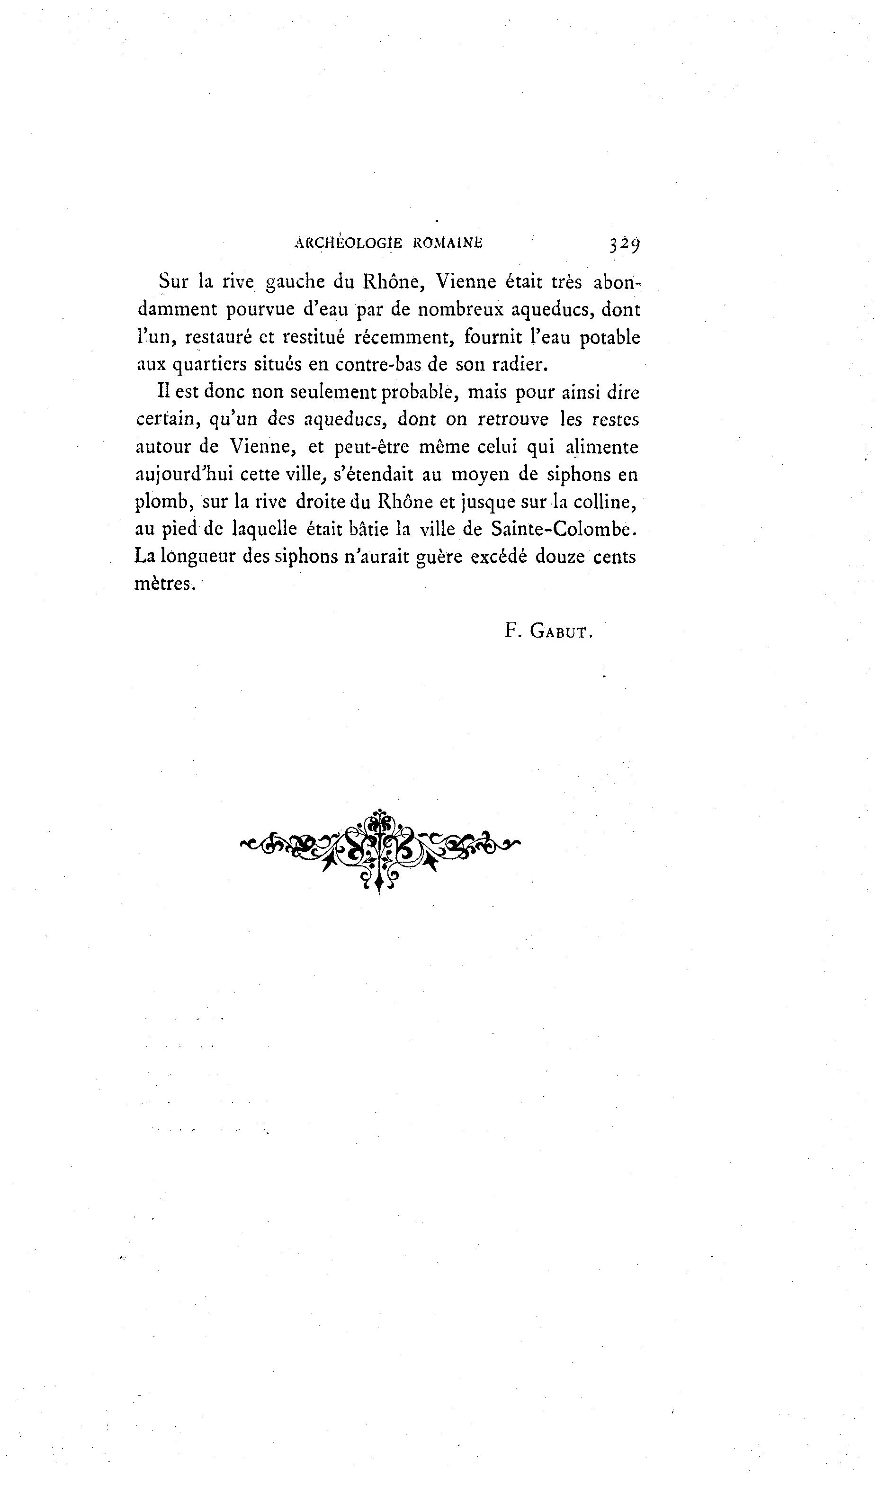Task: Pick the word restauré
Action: pos(218,338)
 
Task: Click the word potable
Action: pos(610,338)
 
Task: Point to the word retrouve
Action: pos(513,420)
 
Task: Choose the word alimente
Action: pos(602,447)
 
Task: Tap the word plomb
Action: pos(162,502)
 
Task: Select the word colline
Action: pos(605,502)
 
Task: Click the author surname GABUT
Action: pos(561,632)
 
